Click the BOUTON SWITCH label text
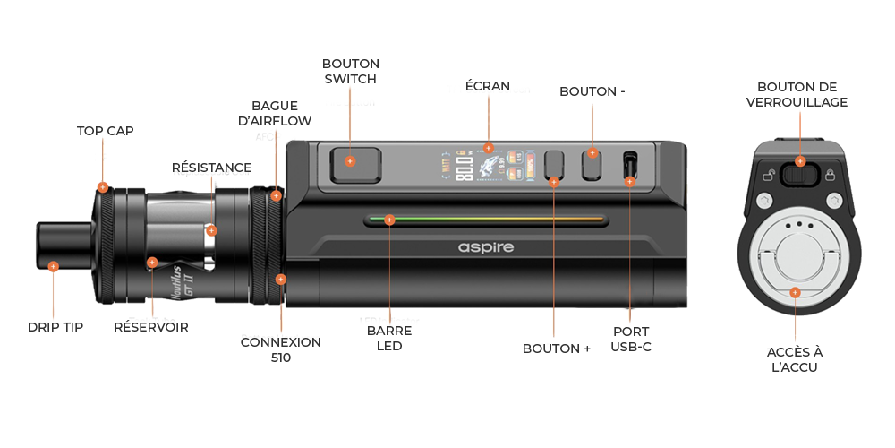coord(351,72)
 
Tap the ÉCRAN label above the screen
coord(488,87)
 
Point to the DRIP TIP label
coord(55,328)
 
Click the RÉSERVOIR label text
coord(151,328)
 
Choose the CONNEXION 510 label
coord(280,349)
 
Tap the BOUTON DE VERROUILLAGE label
coord(797,95)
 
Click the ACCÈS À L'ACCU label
coord(796,359)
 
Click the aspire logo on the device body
coord(486,246)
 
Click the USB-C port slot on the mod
coord(629,165)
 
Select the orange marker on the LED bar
coord(388,219)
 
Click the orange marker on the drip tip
coord(54,266)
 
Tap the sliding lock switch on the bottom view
coord(796,171)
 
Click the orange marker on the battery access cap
coord(795,292)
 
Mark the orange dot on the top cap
coord(104,187)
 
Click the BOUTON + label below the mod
coord(557,349)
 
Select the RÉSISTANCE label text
coord(212,168)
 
